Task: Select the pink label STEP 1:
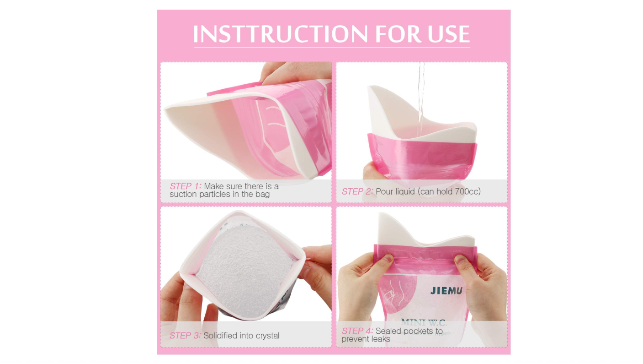pos(186,186)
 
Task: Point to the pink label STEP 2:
pos(357,191)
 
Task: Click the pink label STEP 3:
pos(185,335)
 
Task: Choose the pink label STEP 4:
pos(357,331)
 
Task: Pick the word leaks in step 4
pos(380,339)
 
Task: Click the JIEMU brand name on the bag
pos(446,291)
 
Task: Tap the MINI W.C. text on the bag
pos(424,322)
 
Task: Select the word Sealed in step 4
pos(388,331)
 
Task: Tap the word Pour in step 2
pos(384,191)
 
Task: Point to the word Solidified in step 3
pos(220,336)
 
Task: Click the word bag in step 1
pos(263,195)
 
